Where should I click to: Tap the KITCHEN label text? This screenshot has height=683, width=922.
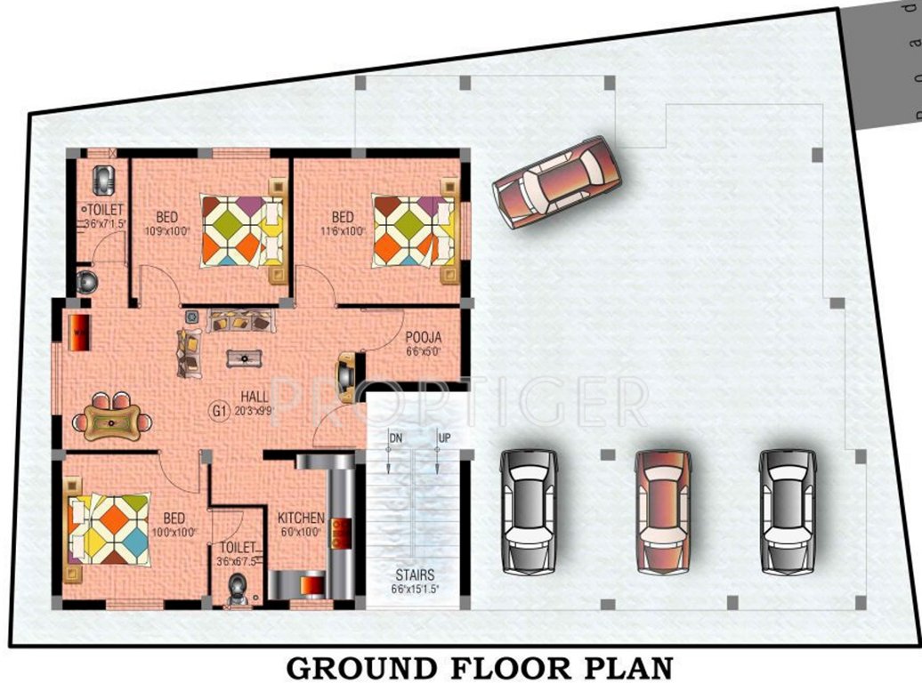(x=300, y=518)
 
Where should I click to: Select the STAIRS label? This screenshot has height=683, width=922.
(x=416, y=575)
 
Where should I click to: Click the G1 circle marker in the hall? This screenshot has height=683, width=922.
(x=218, y=410)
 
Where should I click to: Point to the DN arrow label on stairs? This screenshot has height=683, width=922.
(x=395, y=438)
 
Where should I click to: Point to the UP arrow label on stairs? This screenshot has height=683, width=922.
(x=444, y=438)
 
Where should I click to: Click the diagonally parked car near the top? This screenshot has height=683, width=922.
(x=557, y=181)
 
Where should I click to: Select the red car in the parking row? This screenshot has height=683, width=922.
(x=662, y=510)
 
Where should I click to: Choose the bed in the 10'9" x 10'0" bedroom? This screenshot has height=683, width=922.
(x=240, y=230)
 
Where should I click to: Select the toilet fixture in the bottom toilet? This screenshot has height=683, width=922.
(x=237, y=590)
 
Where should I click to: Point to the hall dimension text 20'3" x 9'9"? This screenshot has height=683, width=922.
(x=253, y=410)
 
